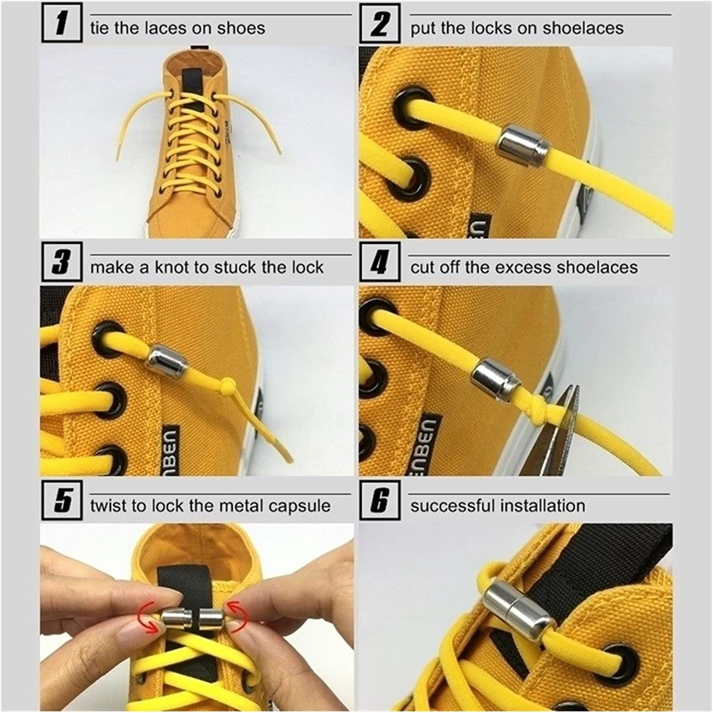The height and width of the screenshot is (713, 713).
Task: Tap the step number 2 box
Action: tap(379, 23)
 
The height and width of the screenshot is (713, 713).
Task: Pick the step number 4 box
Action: tap(379, 262)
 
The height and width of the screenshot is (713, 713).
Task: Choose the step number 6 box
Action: tap(379, 500)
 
